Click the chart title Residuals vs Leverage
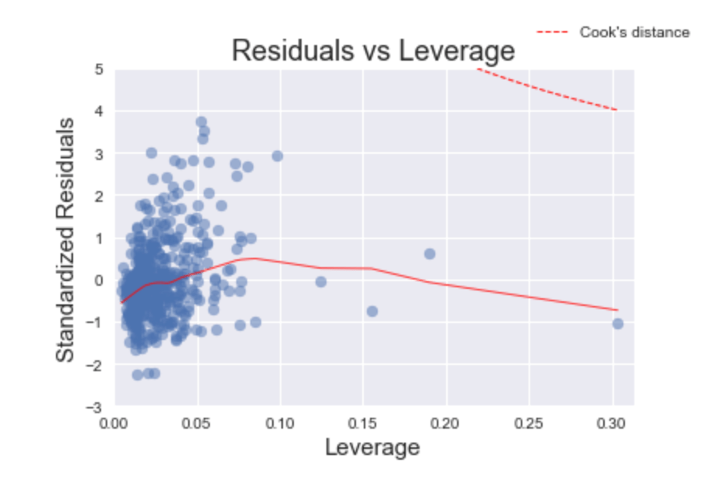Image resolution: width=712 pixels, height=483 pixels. point(373,50)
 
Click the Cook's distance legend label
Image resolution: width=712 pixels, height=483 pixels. point(634,32)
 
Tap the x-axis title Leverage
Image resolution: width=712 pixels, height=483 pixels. point(372,447)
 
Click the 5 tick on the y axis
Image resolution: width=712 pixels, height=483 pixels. point(99,69)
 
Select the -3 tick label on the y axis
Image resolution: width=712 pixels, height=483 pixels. point(96,406)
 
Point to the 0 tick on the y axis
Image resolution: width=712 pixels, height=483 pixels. point(99,280)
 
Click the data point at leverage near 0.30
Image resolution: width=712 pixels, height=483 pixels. point(618,323)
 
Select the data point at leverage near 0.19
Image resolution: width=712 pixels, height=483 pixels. point(429,254)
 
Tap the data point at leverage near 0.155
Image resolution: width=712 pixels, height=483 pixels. point(372,311)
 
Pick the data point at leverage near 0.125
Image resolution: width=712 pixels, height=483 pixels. point(320,282)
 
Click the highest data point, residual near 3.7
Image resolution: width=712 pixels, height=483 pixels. point(201,122)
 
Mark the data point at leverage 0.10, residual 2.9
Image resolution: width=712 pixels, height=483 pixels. point(277,156)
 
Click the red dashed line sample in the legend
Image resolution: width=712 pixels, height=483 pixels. point(553,32)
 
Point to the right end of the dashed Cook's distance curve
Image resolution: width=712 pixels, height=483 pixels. point(616,109)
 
